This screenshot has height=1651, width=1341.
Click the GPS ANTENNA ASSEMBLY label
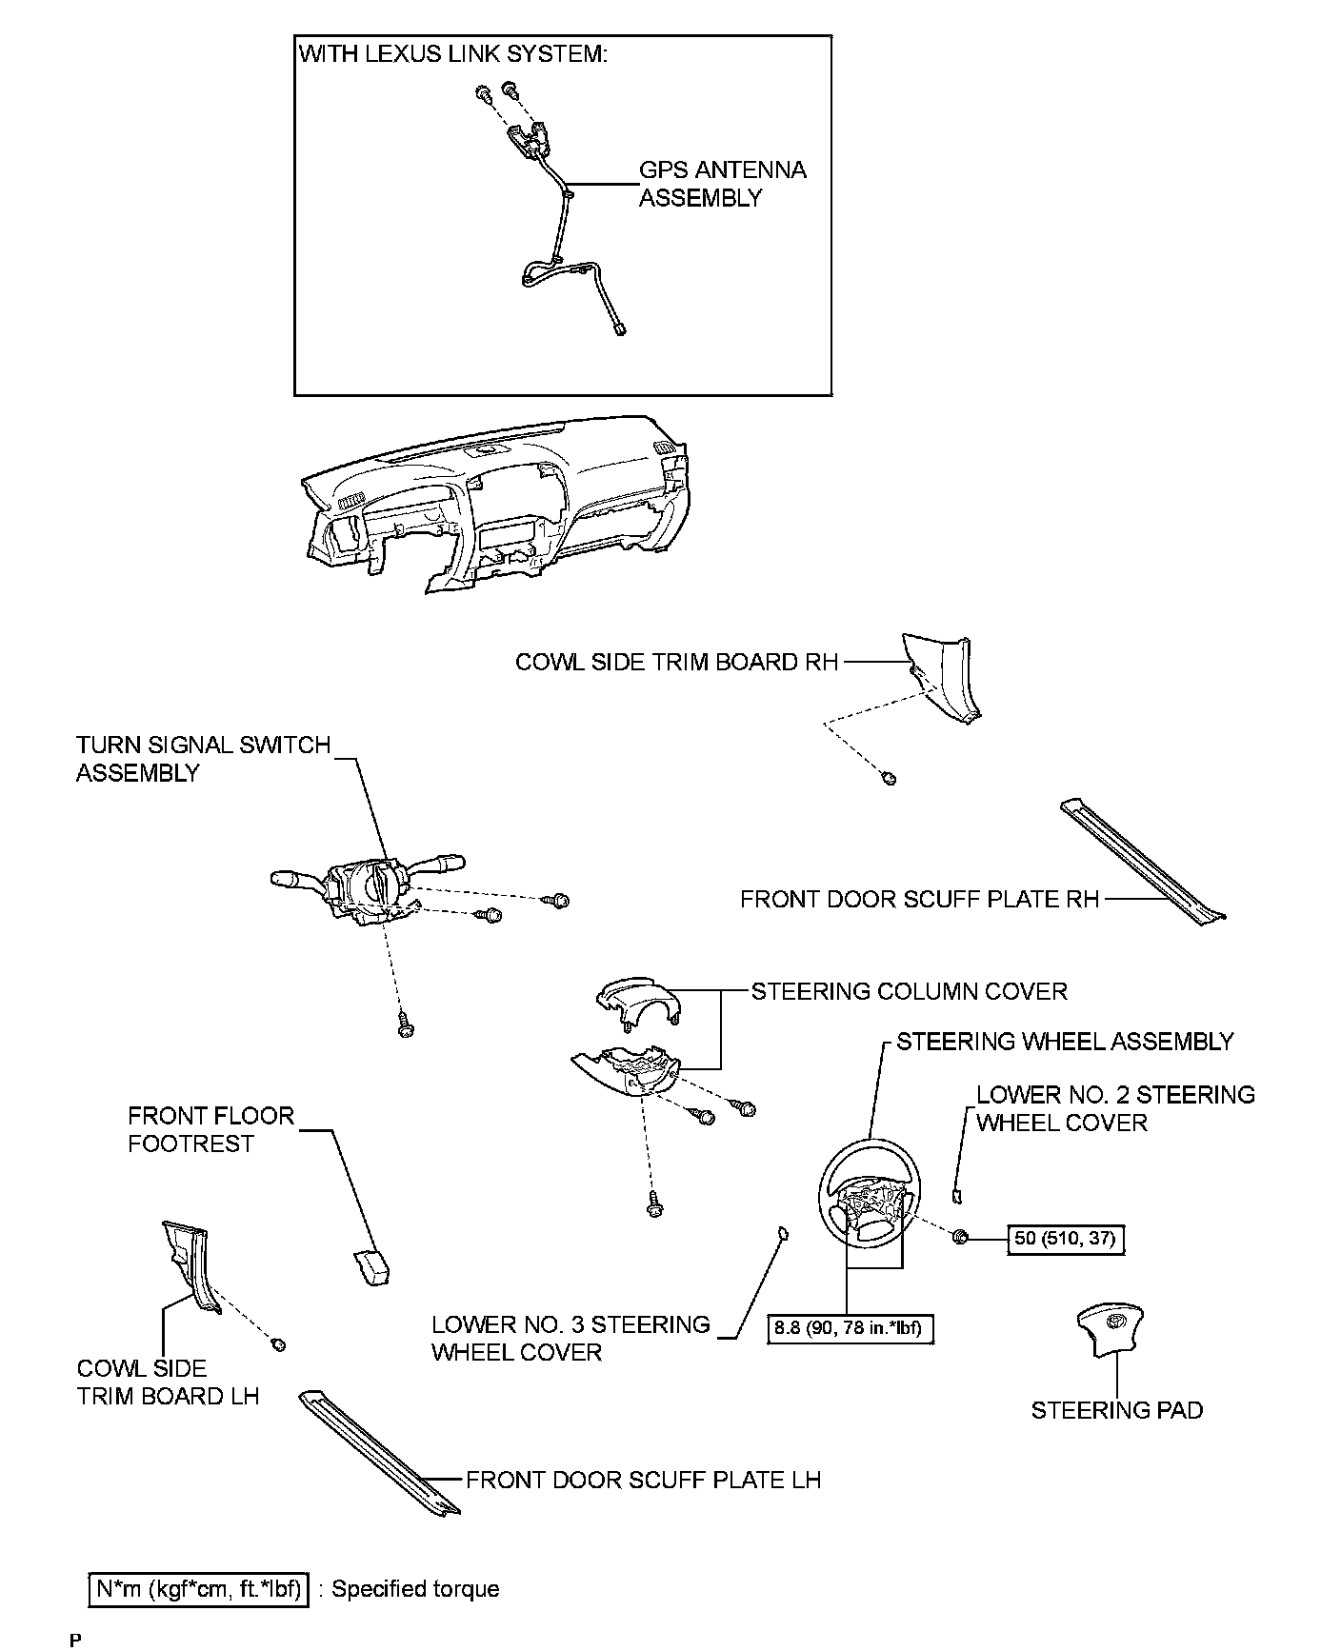[722, 184]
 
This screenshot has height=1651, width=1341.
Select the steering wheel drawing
[870, 1193]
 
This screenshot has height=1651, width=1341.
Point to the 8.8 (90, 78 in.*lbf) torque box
[851, 1328]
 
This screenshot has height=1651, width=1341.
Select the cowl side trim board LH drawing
[190, 1265]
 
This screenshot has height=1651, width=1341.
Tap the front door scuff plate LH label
[643, 1480]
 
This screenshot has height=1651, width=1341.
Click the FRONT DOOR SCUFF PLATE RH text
[919, 899]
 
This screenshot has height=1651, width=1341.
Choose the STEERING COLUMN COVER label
[909, 991]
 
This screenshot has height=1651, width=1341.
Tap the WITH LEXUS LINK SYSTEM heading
[453, 54]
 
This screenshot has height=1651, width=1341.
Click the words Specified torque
[415, 1589]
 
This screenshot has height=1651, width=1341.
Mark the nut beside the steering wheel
[959, 1237]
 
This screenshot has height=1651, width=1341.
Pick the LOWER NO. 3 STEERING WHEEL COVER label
[570, 1338]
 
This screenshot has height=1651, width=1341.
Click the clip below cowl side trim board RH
[890, 779]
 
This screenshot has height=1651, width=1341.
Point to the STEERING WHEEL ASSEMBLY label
[1064, 1042]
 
